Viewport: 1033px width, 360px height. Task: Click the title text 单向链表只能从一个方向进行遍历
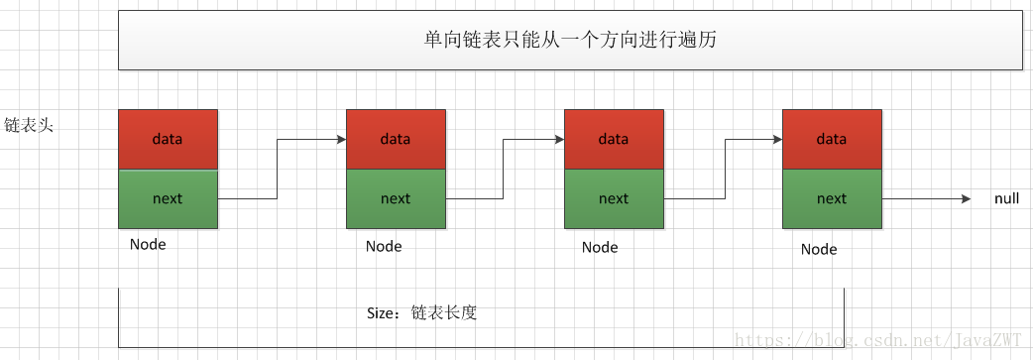(x=569, y=41)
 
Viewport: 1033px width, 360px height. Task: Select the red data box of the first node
(x=168, y=139)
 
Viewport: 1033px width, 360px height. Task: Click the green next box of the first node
(x=168, y=198)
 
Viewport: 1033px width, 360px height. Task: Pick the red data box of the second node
(x=396, y=139)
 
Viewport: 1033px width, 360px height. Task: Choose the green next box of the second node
(x=396, y=198)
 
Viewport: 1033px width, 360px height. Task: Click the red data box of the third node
(x=614, y=139)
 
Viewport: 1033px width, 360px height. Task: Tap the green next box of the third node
(x=614, y=198)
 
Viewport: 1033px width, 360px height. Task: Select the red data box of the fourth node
(x=832, y=139)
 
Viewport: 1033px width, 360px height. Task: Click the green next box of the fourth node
(x=832, y=198)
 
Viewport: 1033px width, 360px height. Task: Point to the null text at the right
(x=1006, y=199)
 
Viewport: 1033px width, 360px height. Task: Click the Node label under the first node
(x=148, y=244)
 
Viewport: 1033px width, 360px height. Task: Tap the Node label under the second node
(x=384, y=246)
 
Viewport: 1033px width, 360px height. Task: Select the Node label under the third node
(x=600, y=247)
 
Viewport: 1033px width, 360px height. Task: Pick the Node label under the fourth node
(x=819, y=249)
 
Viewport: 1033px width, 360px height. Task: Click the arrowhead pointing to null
(x=966, y=199)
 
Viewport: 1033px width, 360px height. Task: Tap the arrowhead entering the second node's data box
(x=340, y=139)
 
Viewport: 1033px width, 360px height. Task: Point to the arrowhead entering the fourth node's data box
(x=776, y=139)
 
